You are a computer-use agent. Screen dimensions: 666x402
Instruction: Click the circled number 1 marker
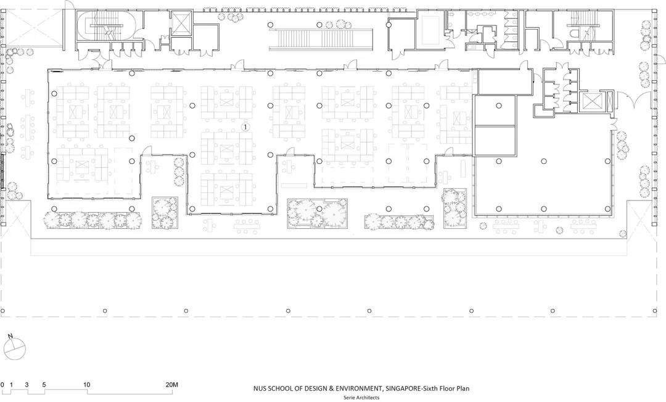point(245,126)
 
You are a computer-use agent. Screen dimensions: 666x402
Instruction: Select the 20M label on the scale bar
point(172,385)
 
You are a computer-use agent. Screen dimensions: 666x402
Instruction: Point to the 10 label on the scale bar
point(87,385)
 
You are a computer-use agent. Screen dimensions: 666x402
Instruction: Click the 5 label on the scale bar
point(44,385)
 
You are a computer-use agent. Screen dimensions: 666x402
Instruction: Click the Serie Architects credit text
point(361,398)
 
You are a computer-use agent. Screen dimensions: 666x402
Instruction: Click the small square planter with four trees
point(165,212)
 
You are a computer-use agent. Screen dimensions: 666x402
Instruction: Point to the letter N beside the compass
point(10,336)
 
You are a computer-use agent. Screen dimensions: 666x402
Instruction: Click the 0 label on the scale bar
point(2,385)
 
